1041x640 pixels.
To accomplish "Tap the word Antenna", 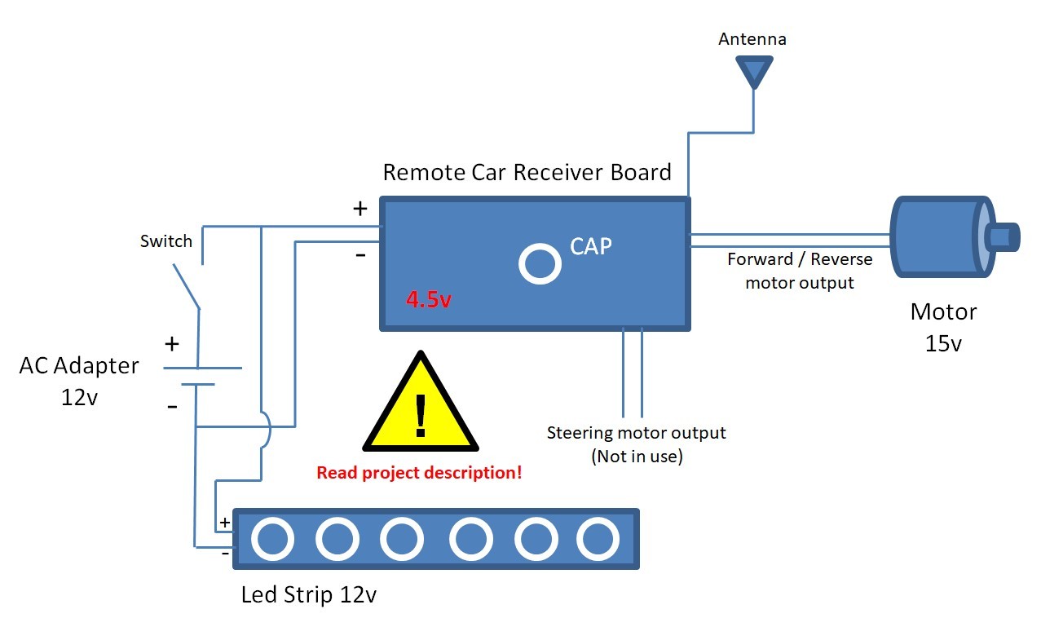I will [x=752, y=39].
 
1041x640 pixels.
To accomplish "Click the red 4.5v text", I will [x=429, y=299].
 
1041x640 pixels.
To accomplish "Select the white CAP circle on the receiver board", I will [x=540, y=263].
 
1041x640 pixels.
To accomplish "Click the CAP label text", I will [x=590, y=245].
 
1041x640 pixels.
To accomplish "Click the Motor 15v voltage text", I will [x=943, y=343].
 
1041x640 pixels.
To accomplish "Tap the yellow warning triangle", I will [x=421, y=405].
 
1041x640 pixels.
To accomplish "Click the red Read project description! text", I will [x=419, y=472].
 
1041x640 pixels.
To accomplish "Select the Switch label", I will [x=166, y=241].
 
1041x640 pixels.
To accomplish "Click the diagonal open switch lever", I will [x=187, y=285].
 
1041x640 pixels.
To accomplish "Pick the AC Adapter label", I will [x=79, y=365].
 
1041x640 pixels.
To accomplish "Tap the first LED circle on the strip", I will [x=272, y=538].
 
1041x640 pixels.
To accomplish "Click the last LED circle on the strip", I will [x=598, y=538].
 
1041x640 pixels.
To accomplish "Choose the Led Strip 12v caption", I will [x=309, y=594].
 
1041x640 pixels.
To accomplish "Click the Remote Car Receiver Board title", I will [x=527, y=173].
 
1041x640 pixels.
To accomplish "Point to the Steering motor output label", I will [x=636, y=432].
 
